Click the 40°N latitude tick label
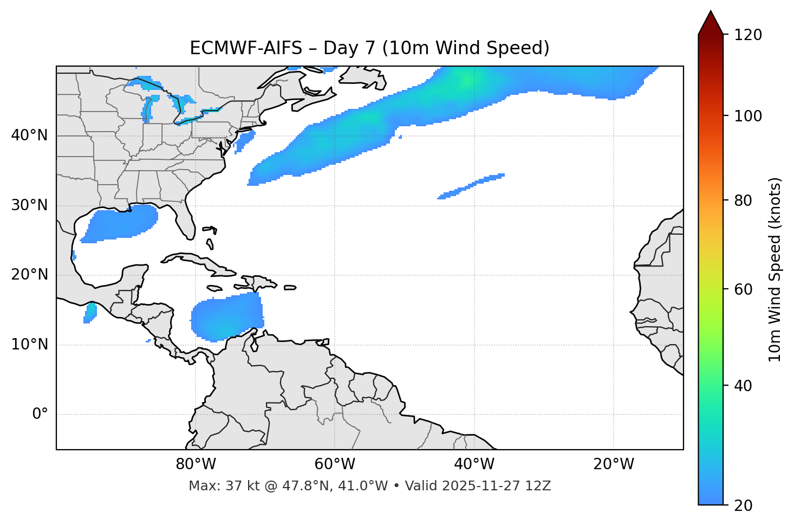coord(29,135)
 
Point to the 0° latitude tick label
coord(40,414)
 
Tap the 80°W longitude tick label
coord(196,464)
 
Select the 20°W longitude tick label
coord(614,464)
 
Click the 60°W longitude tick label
coord(335,464)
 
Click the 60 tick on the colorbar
coord(745,289)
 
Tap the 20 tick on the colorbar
coord(745,505)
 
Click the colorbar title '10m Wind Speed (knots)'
coord(775,270)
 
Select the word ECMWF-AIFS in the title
coord(246,48)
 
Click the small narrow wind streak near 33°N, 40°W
coord(471,186)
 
